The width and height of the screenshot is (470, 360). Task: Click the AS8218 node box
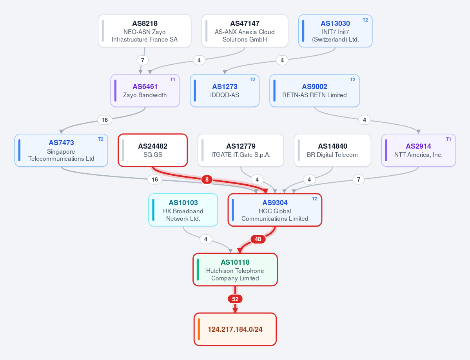point(145,31)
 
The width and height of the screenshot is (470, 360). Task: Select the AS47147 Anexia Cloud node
point(245,31)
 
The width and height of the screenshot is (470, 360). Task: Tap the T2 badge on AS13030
point(365,20)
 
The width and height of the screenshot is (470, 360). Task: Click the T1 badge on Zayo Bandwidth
point(172,80)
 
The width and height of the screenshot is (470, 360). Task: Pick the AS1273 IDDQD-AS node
point(225,91)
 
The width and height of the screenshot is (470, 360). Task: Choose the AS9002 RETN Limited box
point(315,91)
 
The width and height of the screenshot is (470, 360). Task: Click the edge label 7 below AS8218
point(143,60)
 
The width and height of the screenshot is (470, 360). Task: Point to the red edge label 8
point(207,180)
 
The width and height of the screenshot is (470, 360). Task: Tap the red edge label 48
point(258,239)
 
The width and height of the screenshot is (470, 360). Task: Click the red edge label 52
point(235,299)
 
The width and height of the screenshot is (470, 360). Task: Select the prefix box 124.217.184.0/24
point(235,329)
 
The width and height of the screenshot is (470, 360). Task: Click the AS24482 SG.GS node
point(153,150)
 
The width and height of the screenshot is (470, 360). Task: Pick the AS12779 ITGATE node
point(241,150)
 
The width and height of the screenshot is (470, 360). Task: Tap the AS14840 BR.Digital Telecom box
point(332,150)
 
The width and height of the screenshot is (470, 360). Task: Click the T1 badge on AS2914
point(448,139)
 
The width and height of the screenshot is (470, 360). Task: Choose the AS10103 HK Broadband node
point(183,210)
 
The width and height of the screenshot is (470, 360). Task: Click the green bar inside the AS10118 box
point(198,269)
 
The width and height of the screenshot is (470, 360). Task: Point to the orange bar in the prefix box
point(199,329)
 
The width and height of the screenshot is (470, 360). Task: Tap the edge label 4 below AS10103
point(206,239)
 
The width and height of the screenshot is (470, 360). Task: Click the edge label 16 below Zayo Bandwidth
point(105,120)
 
